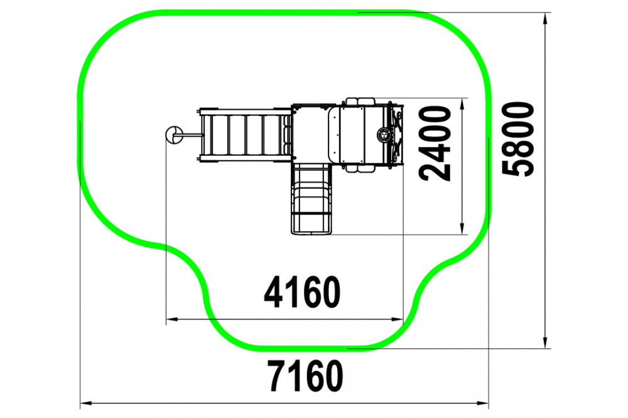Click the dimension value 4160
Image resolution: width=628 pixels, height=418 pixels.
coord(302,292)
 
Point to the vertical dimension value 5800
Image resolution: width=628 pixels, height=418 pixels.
coord(518,139)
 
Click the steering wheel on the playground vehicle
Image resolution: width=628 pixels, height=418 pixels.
coord(384,134)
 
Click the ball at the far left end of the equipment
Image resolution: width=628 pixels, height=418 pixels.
coord(174,134)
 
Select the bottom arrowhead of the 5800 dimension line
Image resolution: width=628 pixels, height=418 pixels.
coord(544,342)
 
